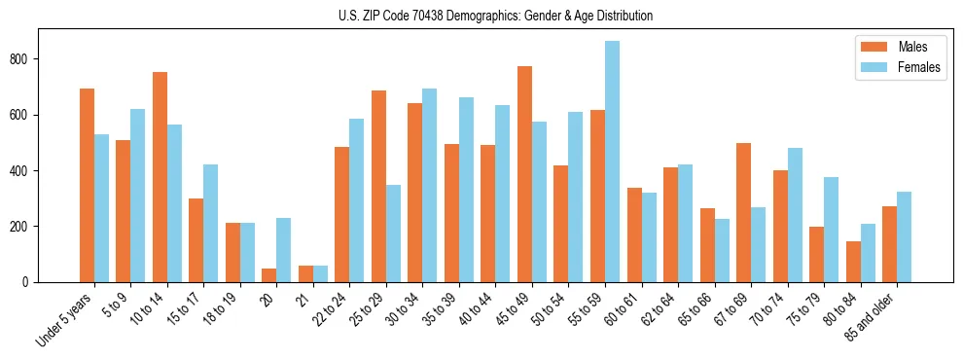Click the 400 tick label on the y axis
tap(22, 171)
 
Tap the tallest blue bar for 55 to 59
tap(612, 162)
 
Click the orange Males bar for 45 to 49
tap(524, 174)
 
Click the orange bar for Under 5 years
tap(87, 185)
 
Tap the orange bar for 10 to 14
tap(160, 177)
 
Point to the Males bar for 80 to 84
tap(853, 262)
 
